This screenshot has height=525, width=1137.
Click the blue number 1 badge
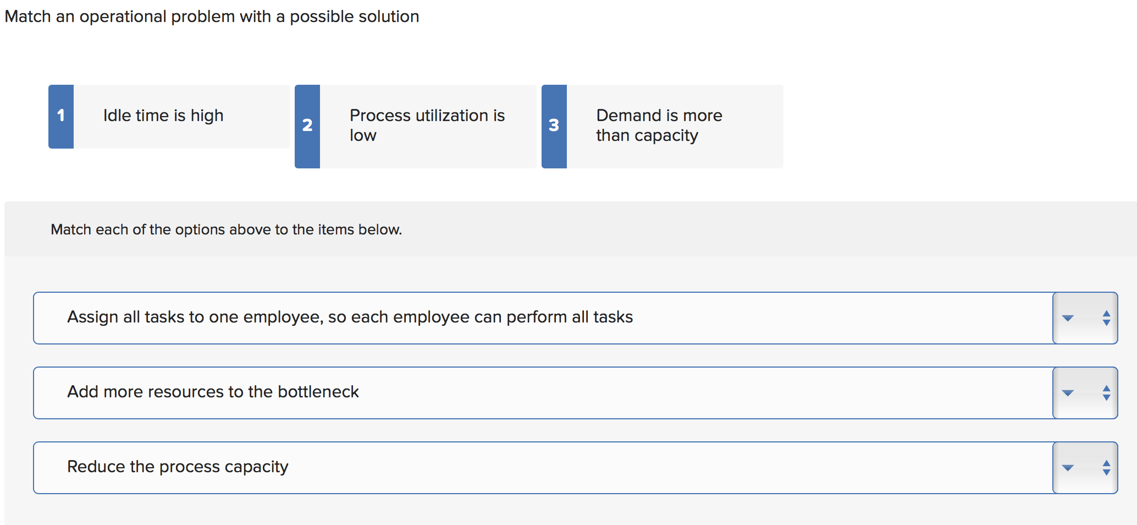click(61, 116)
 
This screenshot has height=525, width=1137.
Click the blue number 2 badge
click(307, 126)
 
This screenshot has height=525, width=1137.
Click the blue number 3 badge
click(554, 126)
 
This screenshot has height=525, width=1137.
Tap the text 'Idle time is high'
click(163, 116)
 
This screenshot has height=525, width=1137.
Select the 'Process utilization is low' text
click(427, 125)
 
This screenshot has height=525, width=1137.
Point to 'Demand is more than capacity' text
click(659, 125)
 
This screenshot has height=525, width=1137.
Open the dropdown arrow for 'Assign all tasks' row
click(1068, 318)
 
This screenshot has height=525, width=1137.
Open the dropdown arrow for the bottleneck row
click(1068, 393)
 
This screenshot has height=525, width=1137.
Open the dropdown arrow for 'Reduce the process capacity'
click(1068, 468)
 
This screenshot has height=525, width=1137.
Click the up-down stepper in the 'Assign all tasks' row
click(1106, 318)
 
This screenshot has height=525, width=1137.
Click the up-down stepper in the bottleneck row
click(1106, 393)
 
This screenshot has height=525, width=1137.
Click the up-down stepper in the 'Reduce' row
click(1106, 468)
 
